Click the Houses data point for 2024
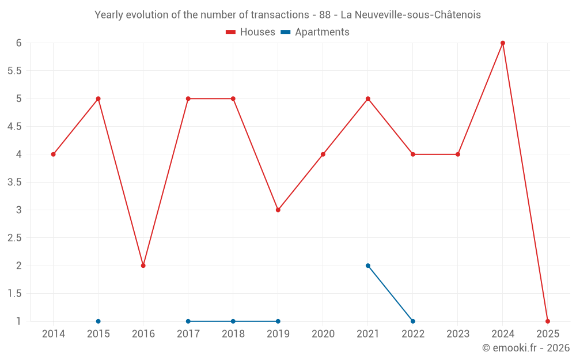(503, 43)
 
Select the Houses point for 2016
(143, 266)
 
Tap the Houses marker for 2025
(548, 321)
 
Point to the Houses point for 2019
(278, 210)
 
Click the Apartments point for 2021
(368, 266)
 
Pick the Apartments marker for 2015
(98, 321)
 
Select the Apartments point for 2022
(413, 321)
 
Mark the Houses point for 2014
(54, 154)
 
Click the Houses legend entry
(251, 32)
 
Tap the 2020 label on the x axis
(323, 334)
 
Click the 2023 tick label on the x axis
(458, 334)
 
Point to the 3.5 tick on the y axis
(14, 182)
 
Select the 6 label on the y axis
(19, 43)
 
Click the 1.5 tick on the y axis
(14, 294)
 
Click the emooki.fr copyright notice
(525, 348)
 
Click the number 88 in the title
(324, 15)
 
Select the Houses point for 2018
(233, 98)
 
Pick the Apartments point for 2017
(188, 321)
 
